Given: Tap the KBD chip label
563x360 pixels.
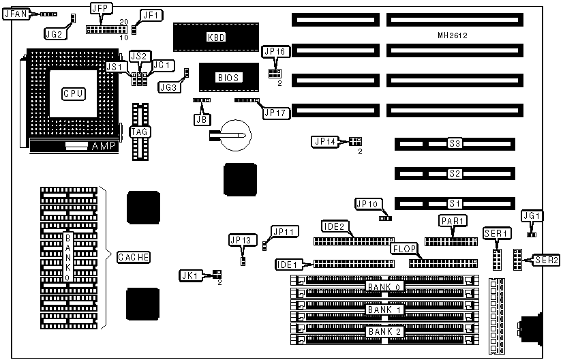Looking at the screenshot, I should coord(216,37).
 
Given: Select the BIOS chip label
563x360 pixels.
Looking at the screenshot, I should coord(228,78).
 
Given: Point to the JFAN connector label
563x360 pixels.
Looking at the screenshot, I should coord(16,13).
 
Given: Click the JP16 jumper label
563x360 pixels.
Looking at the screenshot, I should coord(276,51).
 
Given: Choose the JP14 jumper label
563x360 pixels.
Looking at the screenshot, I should coord(325,142).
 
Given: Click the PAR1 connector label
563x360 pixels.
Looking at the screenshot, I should coord(452,221).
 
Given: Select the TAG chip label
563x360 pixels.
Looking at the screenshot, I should coord(140,131).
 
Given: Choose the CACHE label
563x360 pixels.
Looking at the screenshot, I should coord(134,257).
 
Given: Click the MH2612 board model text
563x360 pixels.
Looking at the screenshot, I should coord(453,34).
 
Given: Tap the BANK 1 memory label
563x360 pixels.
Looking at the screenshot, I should coord(384,310).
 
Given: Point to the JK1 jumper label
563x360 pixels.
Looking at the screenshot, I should coord(189,275).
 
